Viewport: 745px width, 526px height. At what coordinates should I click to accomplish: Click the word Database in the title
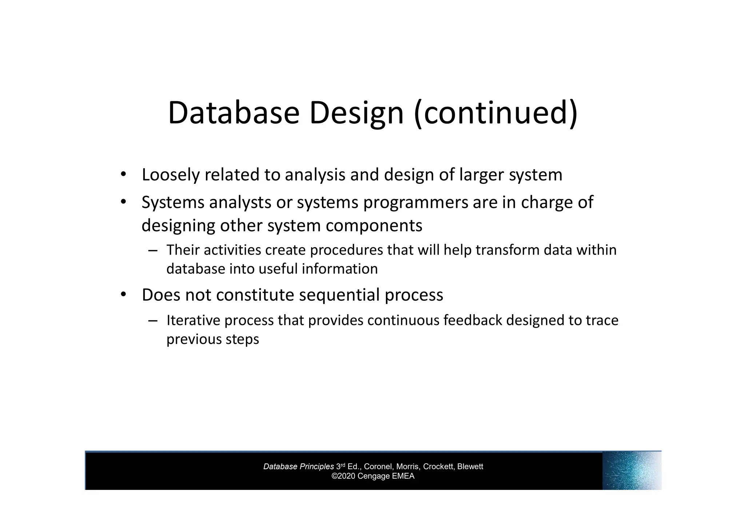(234, 113)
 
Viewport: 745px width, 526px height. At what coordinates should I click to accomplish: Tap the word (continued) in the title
(495, 113)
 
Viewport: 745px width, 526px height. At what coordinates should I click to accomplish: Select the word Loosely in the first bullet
(171, 175)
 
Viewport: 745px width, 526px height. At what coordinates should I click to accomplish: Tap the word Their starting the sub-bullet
(183, 250)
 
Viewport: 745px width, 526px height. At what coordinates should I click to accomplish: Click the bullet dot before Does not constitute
(123, 294)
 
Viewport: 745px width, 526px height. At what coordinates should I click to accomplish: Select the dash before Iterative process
(153, 321)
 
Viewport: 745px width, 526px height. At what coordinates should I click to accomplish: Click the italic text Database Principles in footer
(298, 467)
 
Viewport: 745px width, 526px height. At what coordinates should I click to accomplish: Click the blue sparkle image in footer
(632, 470)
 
